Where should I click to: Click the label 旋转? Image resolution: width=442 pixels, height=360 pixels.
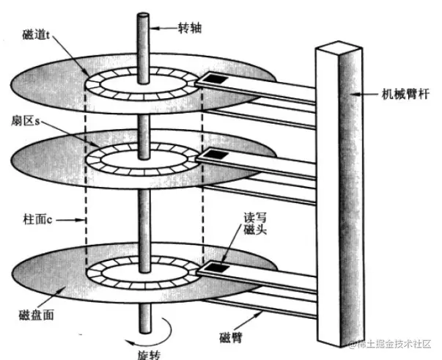tap(144, 351)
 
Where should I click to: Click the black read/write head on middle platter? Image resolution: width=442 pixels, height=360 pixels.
tap(218, 154)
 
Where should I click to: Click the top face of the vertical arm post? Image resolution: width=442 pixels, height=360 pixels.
tap(337, 50)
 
